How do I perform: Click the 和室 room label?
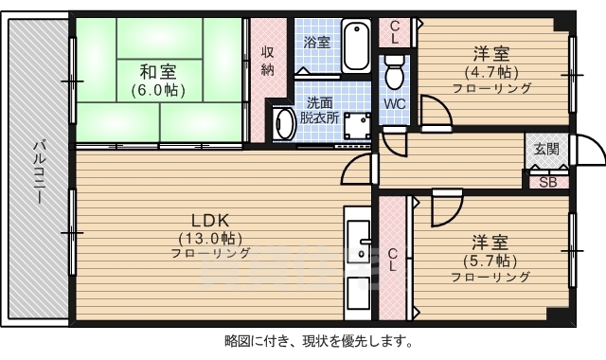158,71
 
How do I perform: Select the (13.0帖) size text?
210,237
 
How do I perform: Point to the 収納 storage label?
268,61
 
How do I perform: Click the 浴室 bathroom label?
316,43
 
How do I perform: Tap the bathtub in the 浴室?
357,46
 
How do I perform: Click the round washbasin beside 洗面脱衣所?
283,124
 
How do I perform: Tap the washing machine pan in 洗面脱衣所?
358,127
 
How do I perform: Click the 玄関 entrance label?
546,149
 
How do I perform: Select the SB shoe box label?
547,183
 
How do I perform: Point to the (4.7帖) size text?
490,71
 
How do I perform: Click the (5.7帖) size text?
490,260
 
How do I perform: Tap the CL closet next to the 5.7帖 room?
392,259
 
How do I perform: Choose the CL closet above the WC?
395,32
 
